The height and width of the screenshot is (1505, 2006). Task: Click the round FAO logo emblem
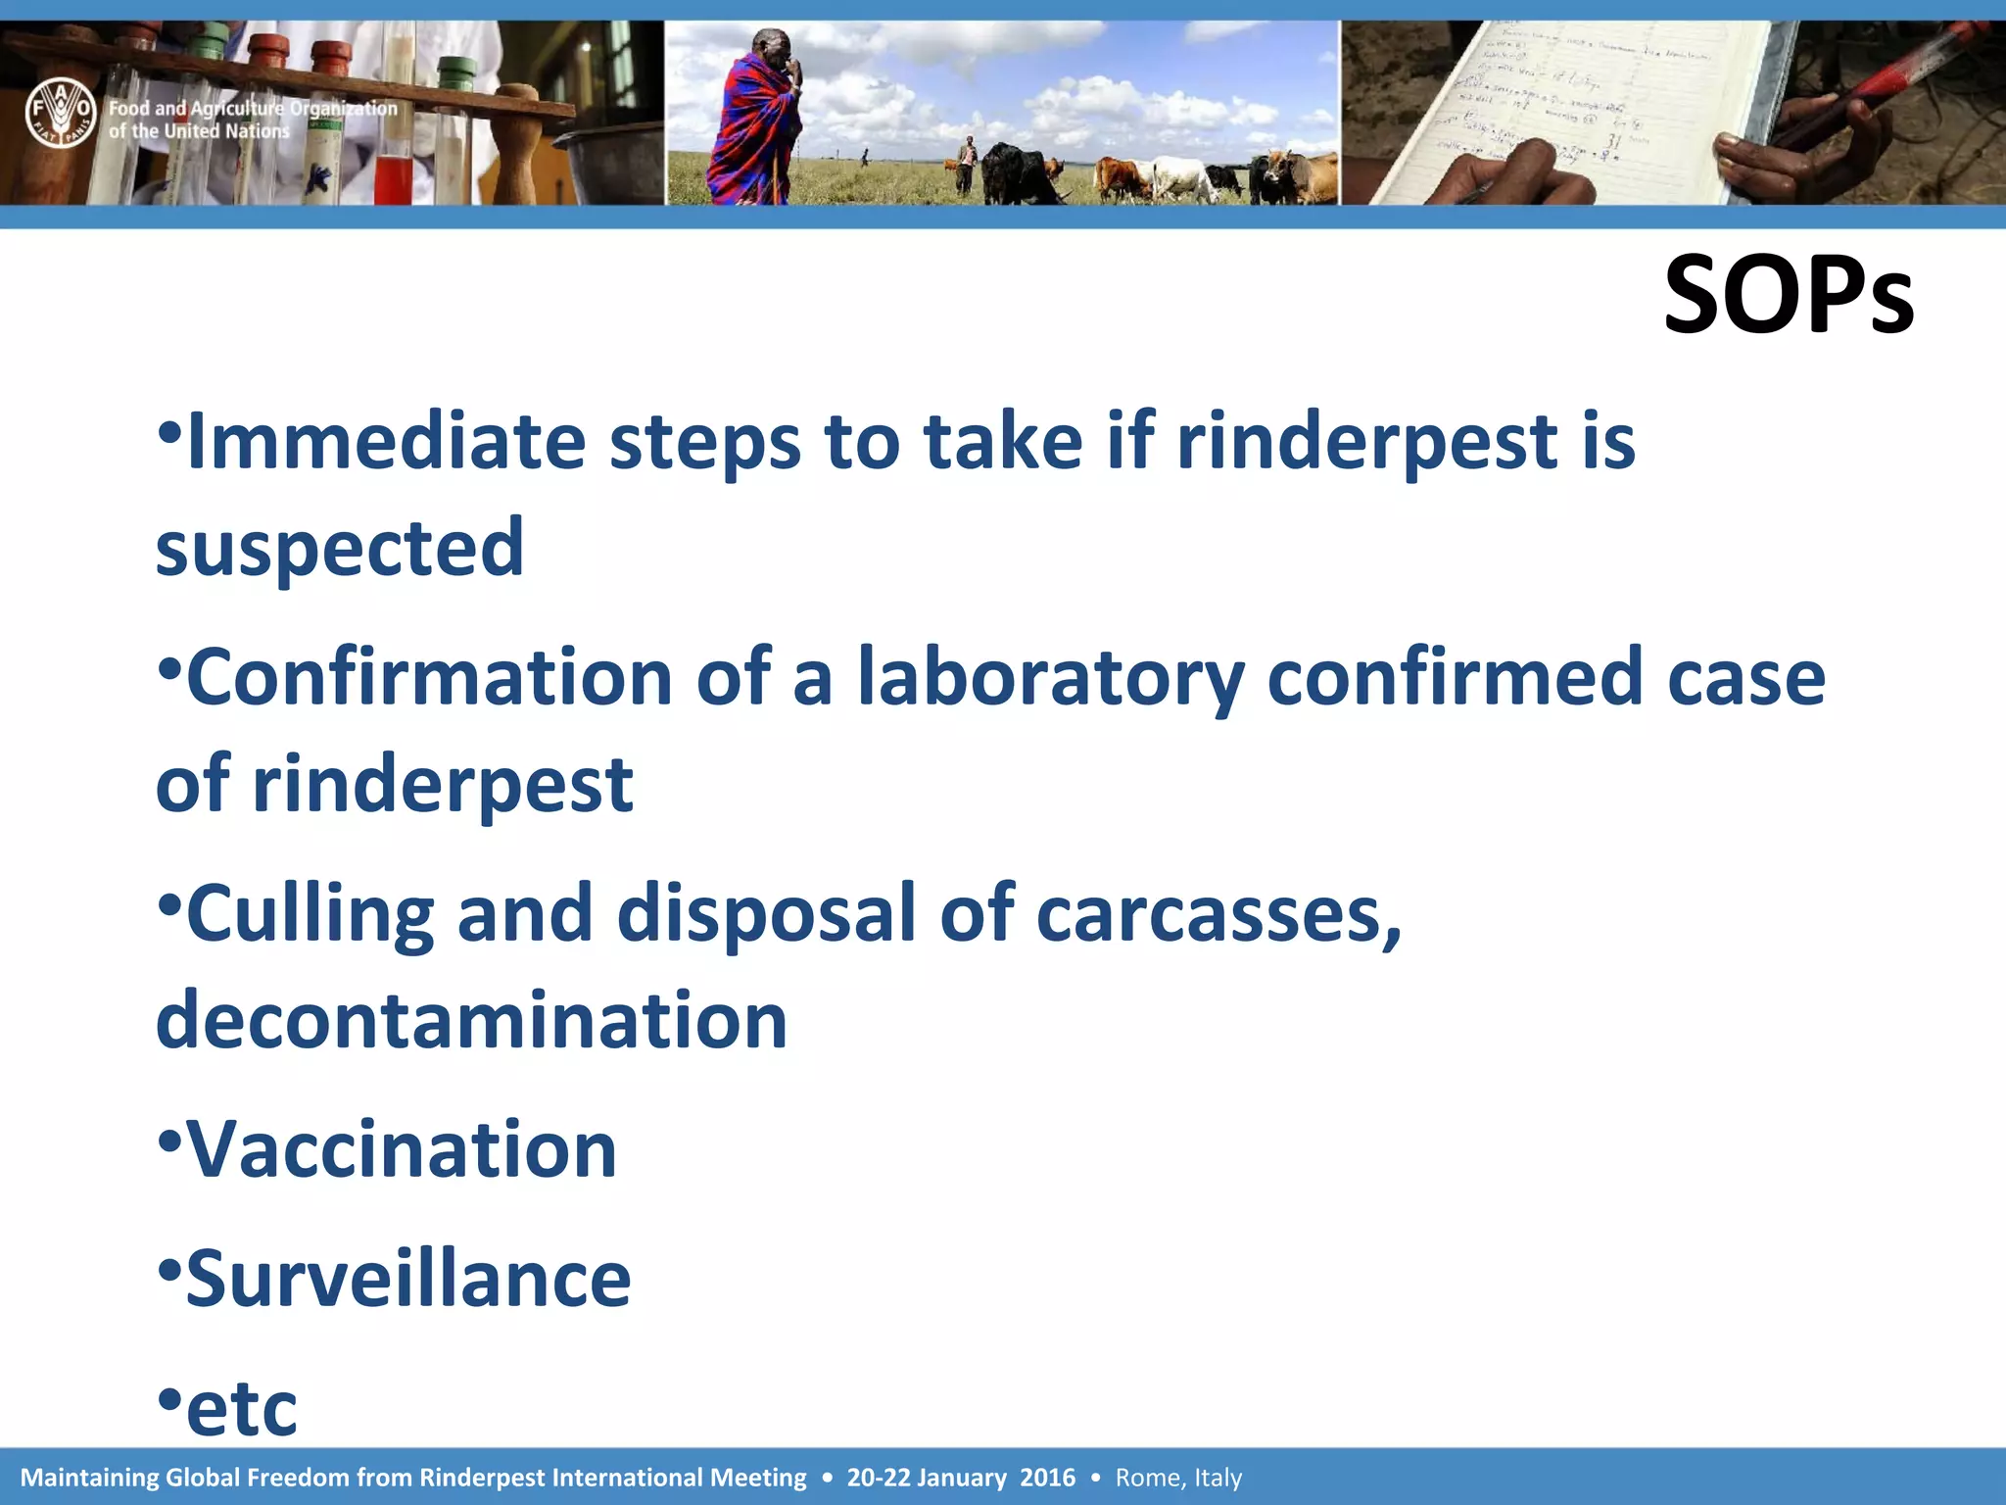coord(61,113)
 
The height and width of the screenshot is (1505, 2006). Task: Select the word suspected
coord(340,549)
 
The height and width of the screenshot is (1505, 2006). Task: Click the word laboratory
coord(1050,678)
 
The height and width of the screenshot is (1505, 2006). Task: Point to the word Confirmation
coord(428,678)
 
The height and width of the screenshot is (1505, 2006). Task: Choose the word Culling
coord(310,914)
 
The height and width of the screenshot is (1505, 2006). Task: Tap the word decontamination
coord(471,1021)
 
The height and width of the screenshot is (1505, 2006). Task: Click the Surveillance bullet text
coord(407,1280)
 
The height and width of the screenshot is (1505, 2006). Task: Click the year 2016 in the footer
coord(1047,1478)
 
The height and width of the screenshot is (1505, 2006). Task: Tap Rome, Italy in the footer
coord(1178,1478)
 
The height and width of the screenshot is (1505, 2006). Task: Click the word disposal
coord(766,914)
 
